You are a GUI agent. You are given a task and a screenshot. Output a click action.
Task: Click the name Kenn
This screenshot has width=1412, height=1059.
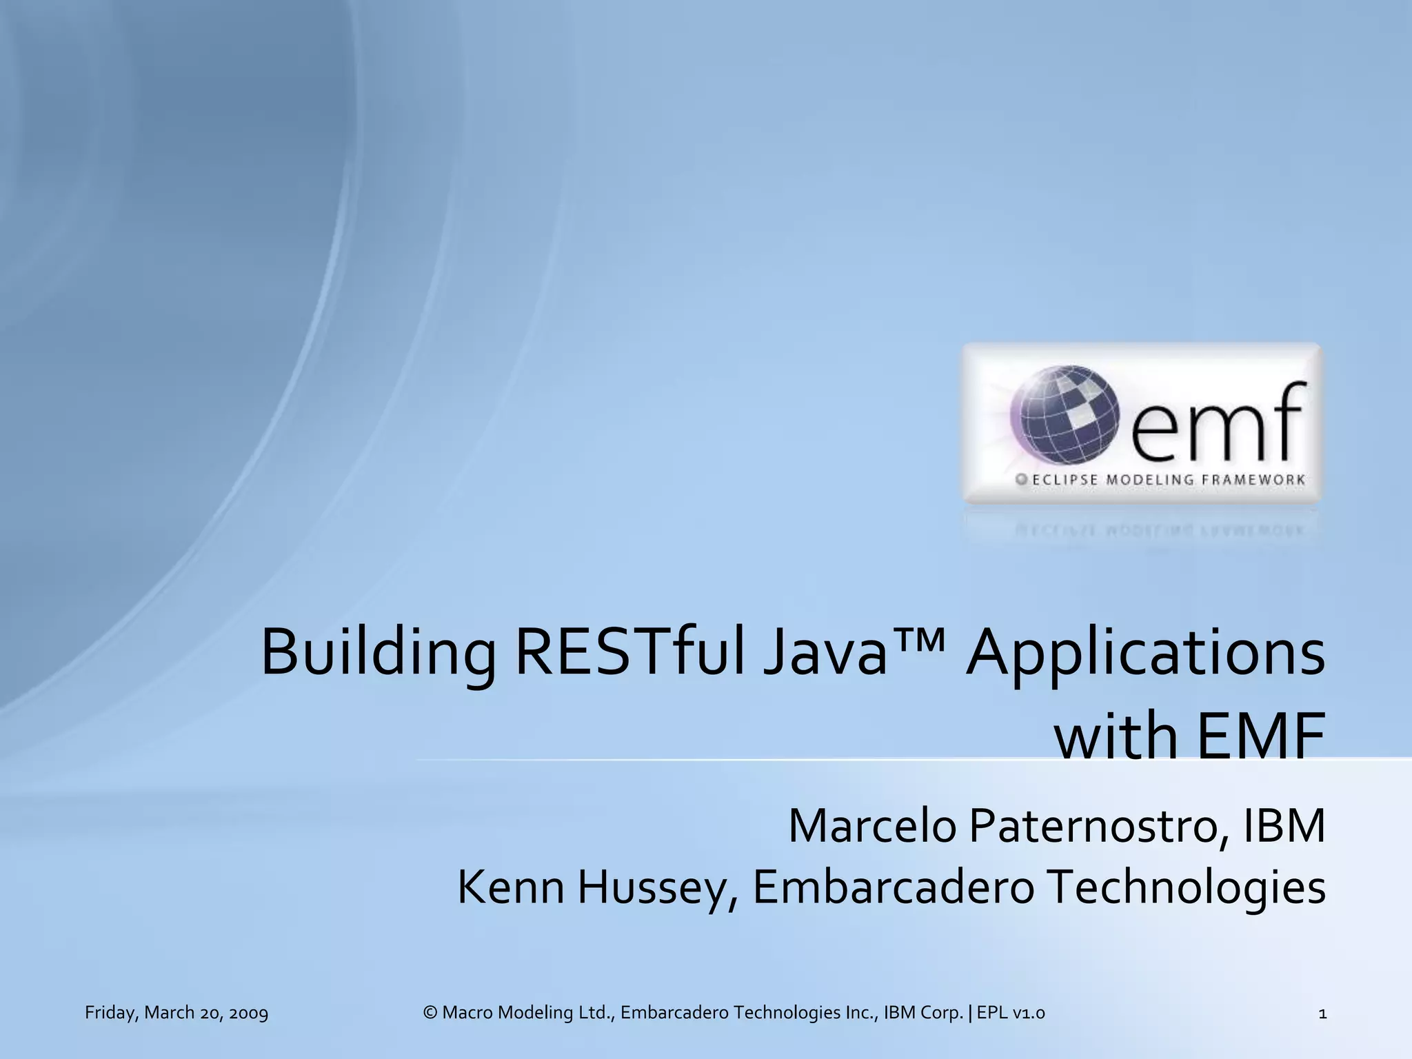point(511,888)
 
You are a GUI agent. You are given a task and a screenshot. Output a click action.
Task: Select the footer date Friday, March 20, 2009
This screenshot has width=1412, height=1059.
point(176,1013)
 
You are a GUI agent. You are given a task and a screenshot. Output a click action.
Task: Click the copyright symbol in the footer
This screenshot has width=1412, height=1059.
point(430,1013)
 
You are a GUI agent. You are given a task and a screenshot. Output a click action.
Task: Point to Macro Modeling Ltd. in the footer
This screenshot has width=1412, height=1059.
point(527,1013)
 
